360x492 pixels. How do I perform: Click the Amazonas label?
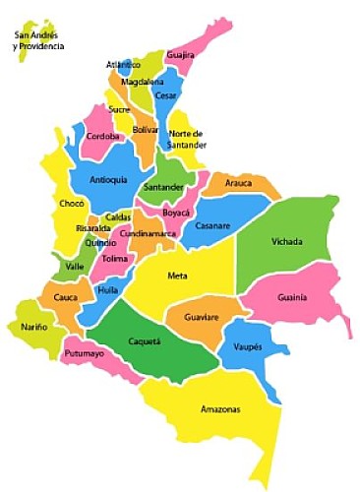pyautogui.click(x=219, y=409)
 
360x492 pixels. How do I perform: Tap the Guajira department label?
pyautogui.click(x=180, y=56)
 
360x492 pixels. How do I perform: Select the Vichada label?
pyautogui.click(x=287, y=241)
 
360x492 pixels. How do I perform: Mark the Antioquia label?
pyautogui.click(x=108, y=180)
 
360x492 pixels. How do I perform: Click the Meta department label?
pyautogui.click(x=177, y=276)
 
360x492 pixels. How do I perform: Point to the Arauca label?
pyautogui.click(x=239, y=183)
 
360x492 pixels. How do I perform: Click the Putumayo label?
pyautogui.click(x=85, y=353)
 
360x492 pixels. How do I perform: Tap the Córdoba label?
pyautogui.click(x=103, y=136)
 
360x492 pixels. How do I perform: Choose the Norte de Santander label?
pyautogui.click(x=186, y=139)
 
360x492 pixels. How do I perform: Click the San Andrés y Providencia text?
pyautogui.click(x=38, y=41)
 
